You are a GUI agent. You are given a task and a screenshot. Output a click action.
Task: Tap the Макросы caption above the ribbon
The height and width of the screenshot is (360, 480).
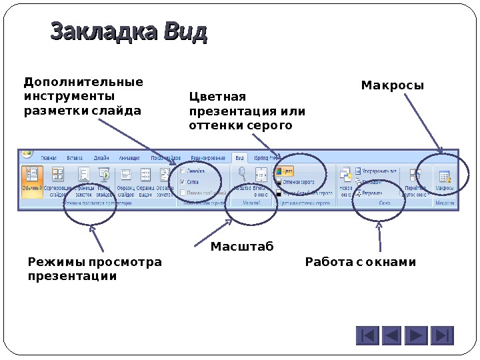(x=393, y=86)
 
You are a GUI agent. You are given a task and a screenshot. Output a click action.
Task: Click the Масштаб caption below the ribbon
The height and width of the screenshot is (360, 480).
(x=242, y=247)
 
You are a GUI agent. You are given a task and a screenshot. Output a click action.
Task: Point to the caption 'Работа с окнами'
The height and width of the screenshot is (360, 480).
(x=360, y=262)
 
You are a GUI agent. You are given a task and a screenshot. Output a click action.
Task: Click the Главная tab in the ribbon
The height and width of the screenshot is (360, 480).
(x=49, y=158)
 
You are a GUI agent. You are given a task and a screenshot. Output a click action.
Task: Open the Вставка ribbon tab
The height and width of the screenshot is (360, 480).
(x=75, y=158)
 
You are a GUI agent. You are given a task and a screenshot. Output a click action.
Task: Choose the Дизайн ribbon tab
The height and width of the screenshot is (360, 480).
(x=101, y=158)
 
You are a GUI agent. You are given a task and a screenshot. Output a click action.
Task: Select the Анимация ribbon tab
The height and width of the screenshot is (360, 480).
(x=129, y=158)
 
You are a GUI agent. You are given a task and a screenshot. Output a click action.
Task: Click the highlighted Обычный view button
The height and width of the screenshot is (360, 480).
(x=32, y=180)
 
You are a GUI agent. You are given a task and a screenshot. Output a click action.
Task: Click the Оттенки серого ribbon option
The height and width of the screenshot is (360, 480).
(x=297, y=181)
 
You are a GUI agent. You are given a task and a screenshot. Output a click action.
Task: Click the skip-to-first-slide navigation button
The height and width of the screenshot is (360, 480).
(x=367, y=335)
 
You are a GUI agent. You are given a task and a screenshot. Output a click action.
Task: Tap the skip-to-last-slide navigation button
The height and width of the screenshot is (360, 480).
(x=442, y=335)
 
